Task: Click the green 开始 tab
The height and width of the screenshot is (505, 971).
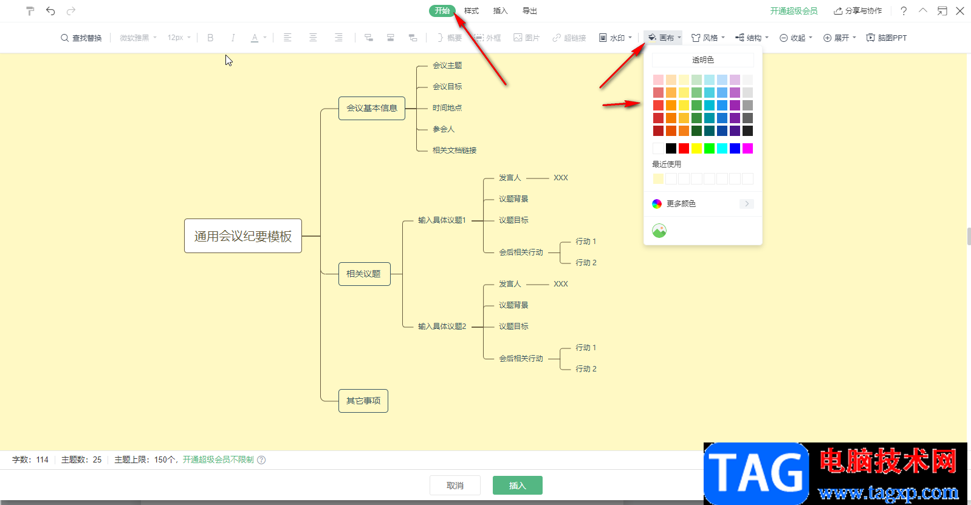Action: [442, 11]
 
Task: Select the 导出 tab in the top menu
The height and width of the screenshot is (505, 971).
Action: [529, 11]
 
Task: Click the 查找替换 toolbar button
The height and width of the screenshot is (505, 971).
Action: [81, 38]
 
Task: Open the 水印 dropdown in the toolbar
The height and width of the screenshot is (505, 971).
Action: [616, 38]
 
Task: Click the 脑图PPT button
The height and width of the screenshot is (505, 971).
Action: [887, 38]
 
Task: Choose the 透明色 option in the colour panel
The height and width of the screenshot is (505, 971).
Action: [702, 60]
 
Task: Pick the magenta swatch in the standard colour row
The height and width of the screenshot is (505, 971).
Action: [747, 149]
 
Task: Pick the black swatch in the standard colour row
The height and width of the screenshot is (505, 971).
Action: [671, 149]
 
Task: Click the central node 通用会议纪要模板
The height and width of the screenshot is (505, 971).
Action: [243, 236]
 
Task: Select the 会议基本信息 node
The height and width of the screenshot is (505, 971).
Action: [371, 108]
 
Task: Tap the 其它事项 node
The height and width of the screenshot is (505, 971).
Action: [363, 401]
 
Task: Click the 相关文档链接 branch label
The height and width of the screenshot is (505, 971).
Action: [454, 151]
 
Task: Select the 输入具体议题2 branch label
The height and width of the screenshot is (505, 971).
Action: [442, 327]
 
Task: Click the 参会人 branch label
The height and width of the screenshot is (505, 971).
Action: [443, 129]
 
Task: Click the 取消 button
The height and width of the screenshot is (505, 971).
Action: [455, 486]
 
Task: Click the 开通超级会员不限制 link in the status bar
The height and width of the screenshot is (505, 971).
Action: [218, 459]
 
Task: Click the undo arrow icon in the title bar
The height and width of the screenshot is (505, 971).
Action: [50, 11]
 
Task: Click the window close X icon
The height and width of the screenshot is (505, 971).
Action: [960, 11]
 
